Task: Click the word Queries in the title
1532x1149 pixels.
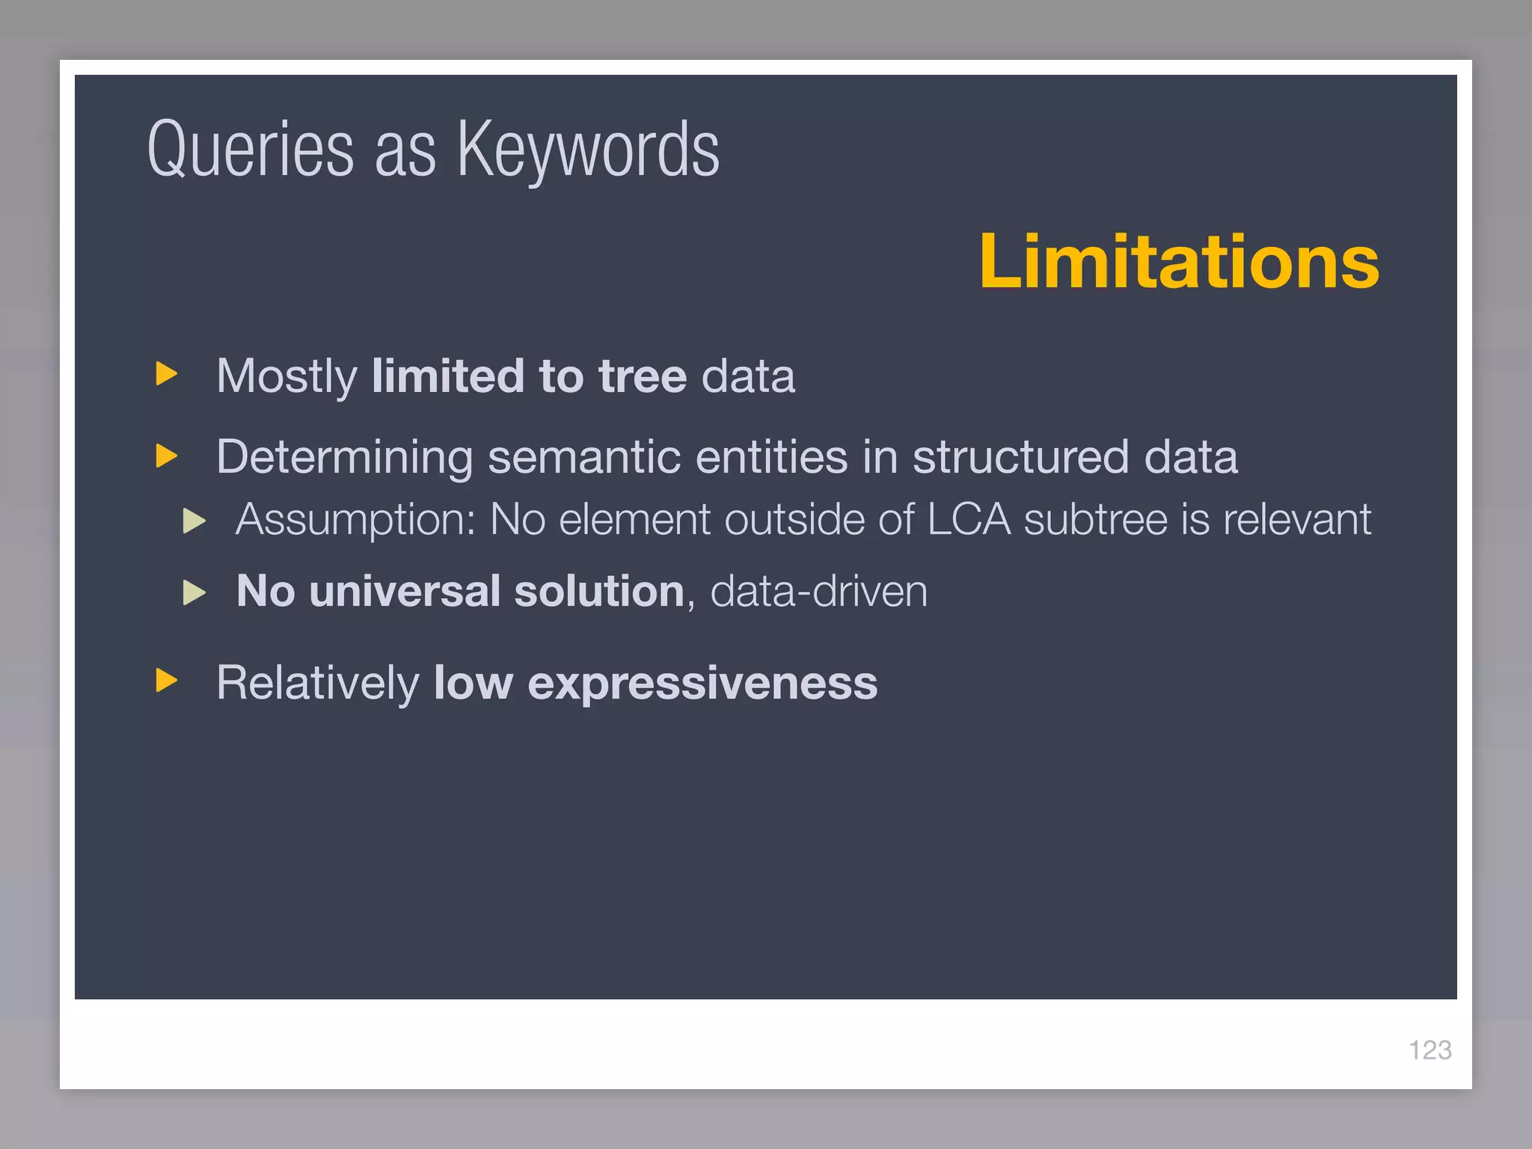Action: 250,150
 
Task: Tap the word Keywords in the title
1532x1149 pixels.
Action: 588,150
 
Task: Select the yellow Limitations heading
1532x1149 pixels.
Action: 1179,261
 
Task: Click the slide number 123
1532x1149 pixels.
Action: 1430,1050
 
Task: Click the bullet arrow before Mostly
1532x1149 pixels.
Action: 166,374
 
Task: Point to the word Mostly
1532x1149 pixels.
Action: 287,376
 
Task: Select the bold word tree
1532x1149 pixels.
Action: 642,376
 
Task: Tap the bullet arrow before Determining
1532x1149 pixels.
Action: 166,456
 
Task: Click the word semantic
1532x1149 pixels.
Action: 584,457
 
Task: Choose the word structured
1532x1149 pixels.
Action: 1020,457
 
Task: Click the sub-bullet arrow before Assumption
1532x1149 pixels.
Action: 194,521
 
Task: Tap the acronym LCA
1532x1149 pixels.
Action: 969,519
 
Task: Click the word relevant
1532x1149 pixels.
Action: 1297,519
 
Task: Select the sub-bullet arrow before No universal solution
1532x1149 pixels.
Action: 194,592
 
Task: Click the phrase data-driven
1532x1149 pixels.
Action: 818,592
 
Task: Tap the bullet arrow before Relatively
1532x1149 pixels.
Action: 166,681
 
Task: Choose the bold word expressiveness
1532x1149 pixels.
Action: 702,684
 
